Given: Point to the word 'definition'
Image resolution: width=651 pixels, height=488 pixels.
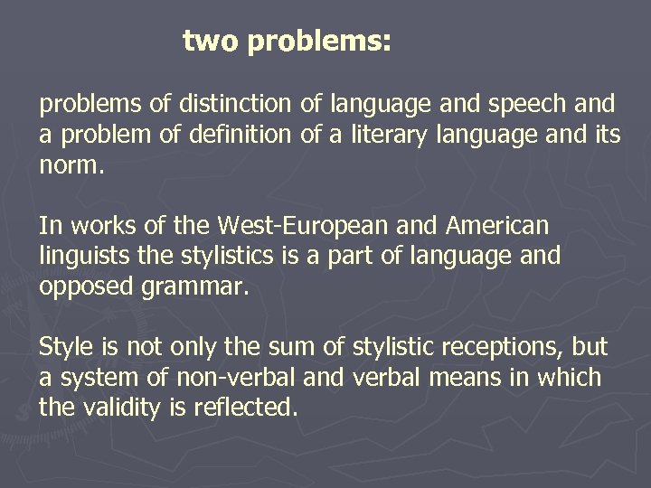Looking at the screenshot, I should tap(241, 136).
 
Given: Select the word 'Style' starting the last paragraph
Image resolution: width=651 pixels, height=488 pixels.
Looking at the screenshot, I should tap(66, 347).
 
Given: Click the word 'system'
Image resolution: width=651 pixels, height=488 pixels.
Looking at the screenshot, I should tap(98, 377).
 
